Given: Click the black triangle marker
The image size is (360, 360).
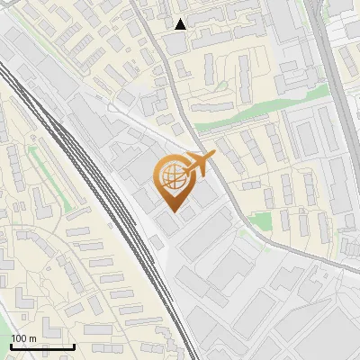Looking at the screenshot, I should (181, 24).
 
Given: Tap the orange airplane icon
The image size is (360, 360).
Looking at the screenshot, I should (200, 163).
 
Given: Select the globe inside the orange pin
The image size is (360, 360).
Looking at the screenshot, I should (175, 176).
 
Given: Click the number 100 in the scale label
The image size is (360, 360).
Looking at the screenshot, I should (19, 338).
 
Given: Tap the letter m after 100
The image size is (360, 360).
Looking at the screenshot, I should (32, 338).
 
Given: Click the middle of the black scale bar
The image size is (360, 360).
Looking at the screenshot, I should (42, 346).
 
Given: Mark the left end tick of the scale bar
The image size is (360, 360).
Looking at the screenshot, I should (11, 346).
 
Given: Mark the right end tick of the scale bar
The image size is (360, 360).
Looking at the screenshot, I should (74, 346).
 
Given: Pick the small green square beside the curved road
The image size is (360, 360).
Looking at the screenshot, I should (261, 221).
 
